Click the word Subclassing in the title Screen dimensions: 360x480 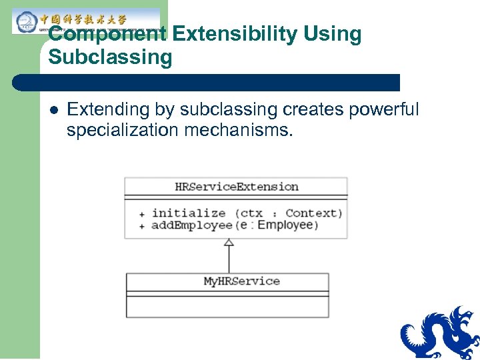pos(110,57)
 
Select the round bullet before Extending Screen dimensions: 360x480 pos(53,110)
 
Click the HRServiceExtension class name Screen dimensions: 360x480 pos(236,187)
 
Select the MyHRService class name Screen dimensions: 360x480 pos(241,281)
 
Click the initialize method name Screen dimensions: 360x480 pos(189,213)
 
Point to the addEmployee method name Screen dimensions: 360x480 pos(192,225)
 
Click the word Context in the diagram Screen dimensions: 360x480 pos(313,213)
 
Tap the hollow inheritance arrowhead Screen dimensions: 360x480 pos(229,243)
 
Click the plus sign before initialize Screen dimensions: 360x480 pos(141,214)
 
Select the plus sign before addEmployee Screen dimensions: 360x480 pos(141,226)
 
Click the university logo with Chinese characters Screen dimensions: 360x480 pos(87,21)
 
